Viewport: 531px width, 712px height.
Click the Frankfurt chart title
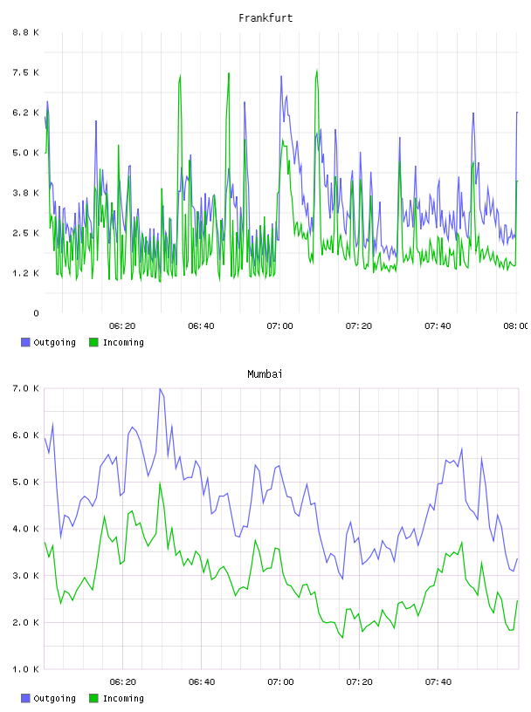[265, 18]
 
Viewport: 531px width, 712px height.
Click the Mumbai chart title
[265, 374]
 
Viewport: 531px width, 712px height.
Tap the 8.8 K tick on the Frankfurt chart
[26, 32]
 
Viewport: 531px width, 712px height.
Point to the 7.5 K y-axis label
[26, 72]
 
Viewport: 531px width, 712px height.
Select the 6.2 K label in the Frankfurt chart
[26, 113]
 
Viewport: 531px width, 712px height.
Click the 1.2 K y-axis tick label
[26, 273]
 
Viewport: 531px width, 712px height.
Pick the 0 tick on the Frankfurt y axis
[36, 313]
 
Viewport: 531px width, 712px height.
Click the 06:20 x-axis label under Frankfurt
[122, 326]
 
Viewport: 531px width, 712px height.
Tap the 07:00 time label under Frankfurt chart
[280, 326]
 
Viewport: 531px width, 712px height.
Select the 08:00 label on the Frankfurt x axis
[516, 326]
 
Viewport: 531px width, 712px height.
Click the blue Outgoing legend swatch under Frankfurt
[25, 342]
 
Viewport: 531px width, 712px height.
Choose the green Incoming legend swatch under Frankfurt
[93, 342]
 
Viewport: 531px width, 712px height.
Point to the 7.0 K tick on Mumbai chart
[26, 388]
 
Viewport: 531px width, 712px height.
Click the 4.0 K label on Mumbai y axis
[26, 529]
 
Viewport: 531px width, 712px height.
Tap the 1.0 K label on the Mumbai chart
[26, 669]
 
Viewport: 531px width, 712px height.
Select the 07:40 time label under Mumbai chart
[438, 682]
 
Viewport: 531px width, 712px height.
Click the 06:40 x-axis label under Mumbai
[202, 682]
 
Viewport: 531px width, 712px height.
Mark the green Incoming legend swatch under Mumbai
[93, 698]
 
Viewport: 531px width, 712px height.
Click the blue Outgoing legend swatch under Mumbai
[25, 698]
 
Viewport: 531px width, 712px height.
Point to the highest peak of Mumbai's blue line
[160, 388]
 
